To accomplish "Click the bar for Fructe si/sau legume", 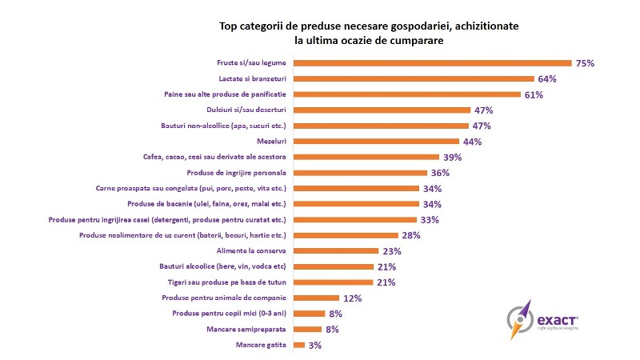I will pyautogui.click(x=433, y=63).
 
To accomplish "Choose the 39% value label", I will pyautogui.click(x=453, y=157).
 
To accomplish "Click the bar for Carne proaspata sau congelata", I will pyautogui.click(x=357, y=188).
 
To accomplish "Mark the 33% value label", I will pyautogui.click(x=430, y=219).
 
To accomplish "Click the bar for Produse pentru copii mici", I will pyautogui.click(x=310, y=314).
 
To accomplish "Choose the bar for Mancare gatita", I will pyautogui.click(x=300, y=345).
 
